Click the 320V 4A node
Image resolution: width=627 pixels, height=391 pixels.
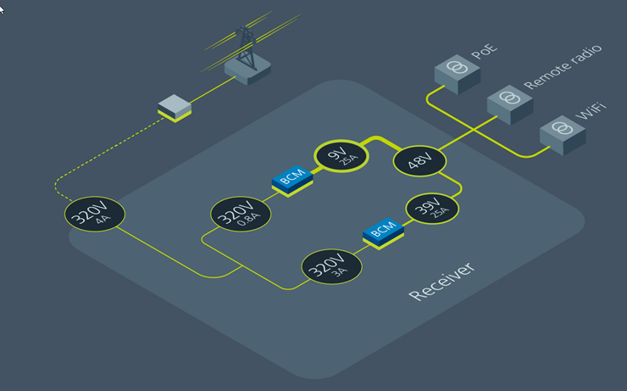94,215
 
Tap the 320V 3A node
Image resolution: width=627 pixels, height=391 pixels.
331,267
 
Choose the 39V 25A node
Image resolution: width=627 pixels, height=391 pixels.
432,209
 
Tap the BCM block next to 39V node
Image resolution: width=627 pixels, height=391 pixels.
383,232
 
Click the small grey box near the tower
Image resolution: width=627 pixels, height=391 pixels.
175,108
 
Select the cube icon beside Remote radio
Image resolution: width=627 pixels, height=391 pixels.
509,102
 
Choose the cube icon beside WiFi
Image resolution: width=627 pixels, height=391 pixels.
562,132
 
